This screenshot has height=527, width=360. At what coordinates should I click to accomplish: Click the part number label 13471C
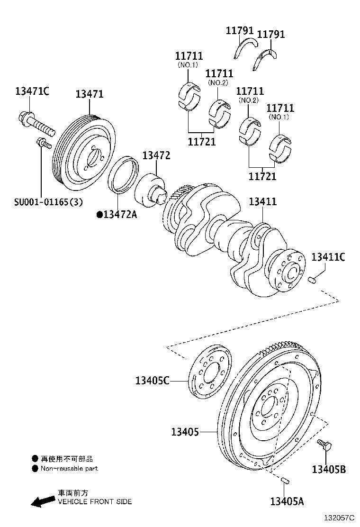32,91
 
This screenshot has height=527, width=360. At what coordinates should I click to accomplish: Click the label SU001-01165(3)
48,202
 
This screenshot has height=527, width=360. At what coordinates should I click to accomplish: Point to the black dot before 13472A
99,215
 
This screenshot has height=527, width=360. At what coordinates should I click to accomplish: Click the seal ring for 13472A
124,174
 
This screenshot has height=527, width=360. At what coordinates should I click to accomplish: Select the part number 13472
156,155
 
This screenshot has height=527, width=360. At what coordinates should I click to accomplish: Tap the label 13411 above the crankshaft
263,202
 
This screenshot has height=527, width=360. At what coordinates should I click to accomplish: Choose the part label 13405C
152,380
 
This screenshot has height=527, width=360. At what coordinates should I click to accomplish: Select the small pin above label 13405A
286,481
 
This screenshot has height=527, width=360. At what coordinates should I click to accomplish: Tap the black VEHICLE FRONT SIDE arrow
42,501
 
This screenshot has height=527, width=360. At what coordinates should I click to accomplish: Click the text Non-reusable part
69,469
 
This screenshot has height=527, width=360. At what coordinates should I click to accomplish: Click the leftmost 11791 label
240,31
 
